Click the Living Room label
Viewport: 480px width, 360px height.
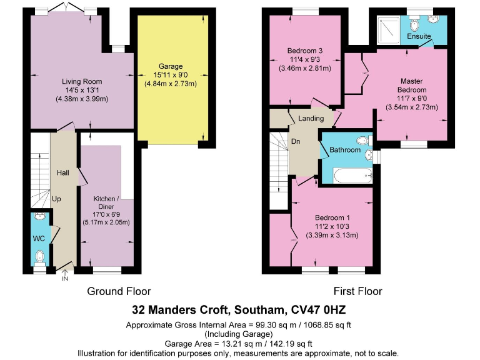pos(82,81)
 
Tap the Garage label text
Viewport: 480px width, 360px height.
pos(170,66)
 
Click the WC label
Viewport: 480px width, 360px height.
pos(39,237)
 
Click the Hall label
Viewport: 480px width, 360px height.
pos(63,172)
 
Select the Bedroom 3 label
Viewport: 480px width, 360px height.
pos(305,51)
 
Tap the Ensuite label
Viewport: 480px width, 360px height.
pos(419,37)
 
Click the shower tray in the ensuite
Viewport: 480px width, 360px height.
pos(391,29)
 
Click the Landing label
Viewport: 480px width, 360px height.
pos(311,118)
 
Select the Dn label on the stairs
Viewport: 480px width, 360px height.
pos(296,141)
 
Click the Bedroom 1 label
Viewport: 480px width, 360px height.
pos(332,218)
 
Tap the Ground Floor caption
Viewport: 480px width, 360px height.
pos(119,291)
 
